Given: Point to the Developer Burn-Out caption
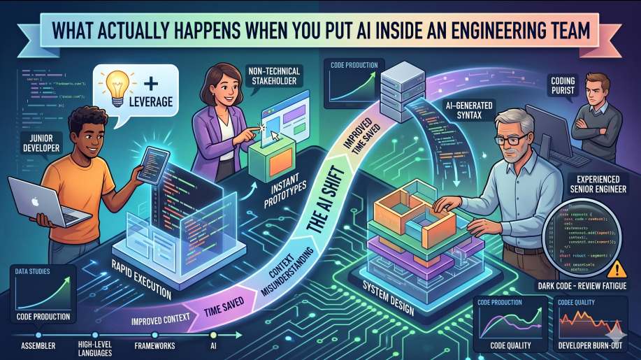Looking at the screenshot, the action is pos(587,345).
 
